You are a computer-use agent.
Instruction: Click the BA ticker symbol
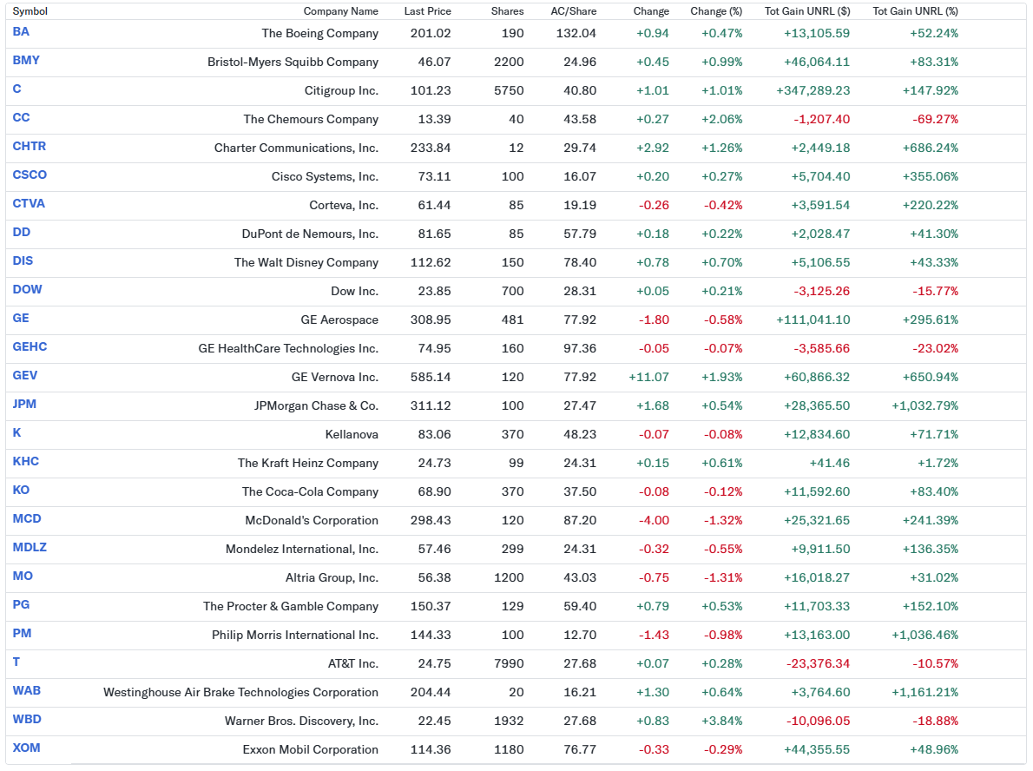point(21,32)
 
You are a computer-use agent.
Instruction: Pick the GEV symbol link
point(25,376)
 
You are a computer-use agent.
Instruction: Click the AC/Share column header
point(573,11)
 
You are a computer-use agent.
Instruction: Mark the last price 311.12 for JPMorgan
point(431,405)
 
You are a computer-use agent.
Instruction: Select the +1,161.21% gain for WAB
point(924,692)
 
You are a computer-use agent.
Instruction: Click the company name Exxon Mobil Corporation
point(310,749)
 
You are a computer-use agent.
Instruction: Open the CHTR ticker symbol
point(30,147)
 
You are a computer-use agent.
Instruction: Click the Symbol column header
point(30,11)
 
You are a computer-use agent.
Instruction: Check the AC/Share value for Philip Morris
point(580,635)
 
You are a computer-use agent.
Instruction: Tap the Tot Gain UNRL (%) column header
point(915,11)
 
